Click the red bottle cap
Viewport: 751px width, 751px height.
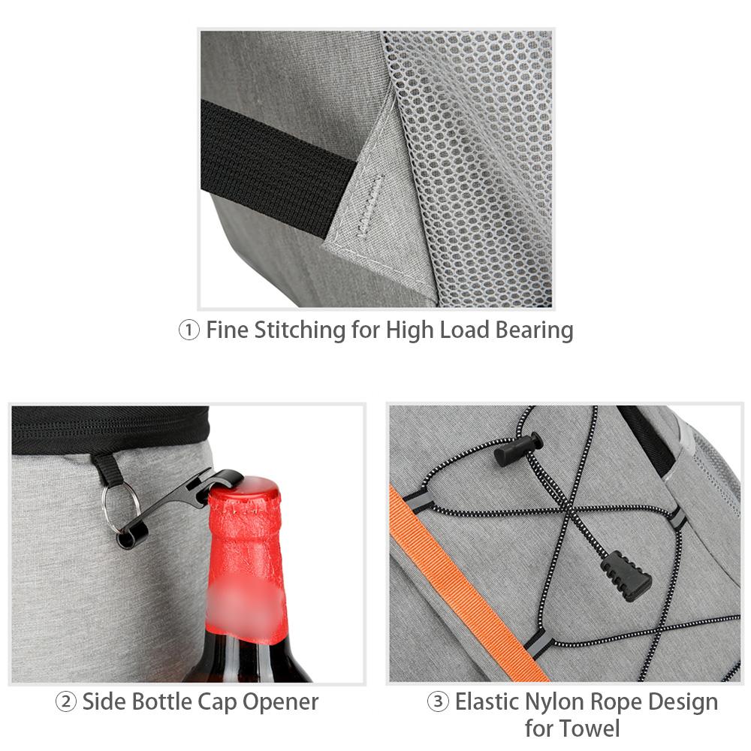pyautogui.click(x=244, y=492)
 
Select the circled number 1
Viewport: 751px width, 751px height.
pyautogui.click(x=189, y=330)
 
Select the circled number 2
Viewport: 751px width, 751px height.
pyautogui.click(x=66, y=702)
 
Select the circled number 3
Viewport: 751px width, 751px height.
pyautogui.click(x=438, y=702)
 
